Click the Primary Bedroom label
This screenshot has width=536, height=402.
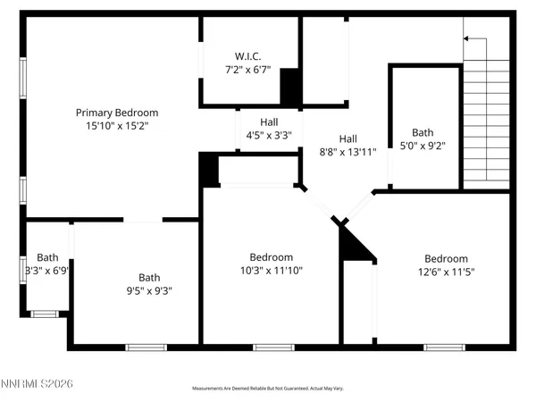[x=117, y=113]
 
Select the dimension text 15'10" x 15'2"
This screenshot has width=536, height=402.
[x=117, y=127]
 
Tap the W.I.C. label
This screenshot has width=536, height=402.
[x=247, y=55]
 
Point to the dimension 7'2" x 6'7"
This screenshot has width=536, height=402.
[x=247, y=70]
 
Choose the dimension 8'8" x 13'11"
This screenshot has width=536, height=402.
[x=348, y=153]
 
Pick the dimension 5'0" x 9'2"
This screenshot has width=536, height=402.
[x=423, y=146]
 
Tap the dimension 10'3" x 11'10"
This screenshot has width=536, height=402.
[x=271, y=271]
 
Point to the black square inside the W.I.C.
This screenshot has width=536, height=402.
[x=289, y=87]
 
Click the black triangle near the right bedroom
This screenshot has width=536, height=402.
[x=356, y=244]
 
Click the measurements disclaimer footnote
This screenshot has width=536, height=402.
[x=269, y=389]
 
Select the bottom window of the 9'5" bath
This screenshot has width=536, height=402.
[x=146, y=347]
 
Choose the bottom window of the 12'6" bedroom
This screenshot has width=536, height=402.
[x=444, y=347]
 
